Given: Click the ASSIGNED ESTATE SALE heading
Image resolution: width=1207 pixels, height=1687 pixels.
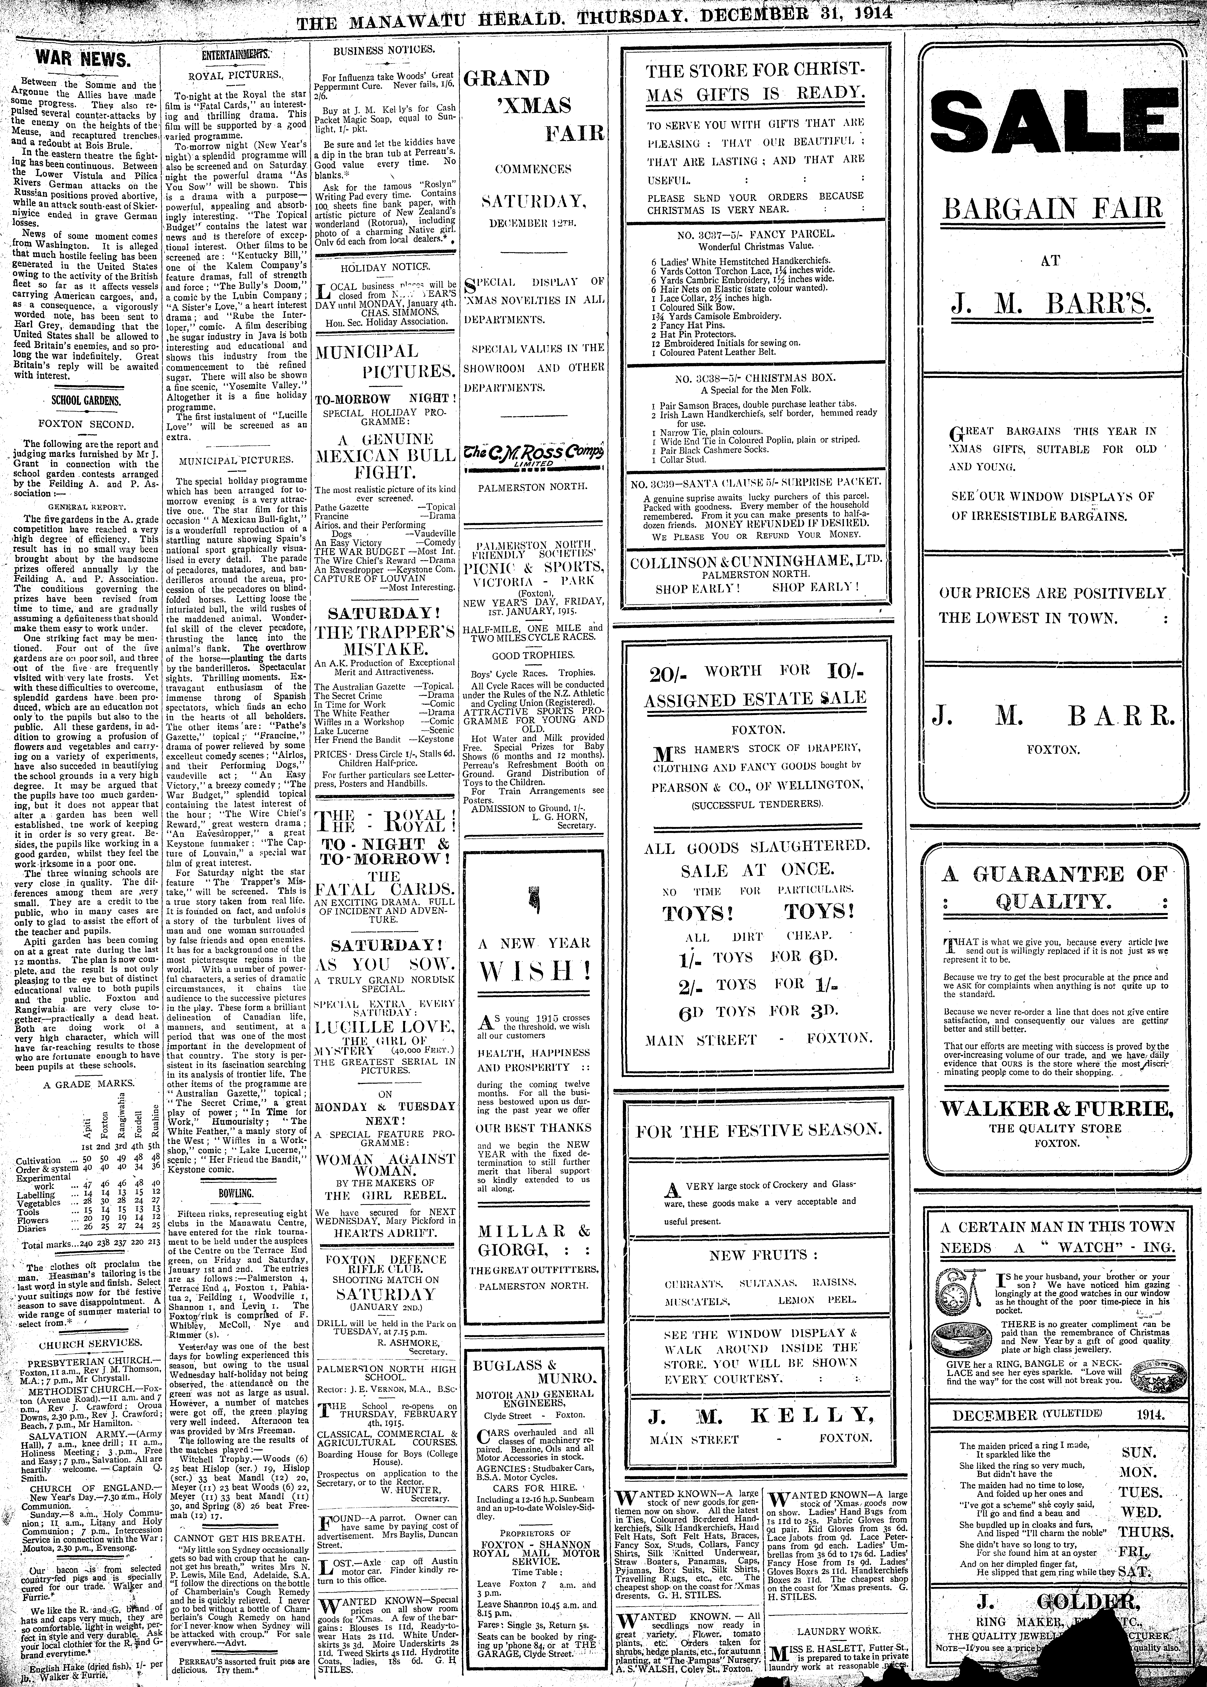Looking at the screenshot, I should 755,698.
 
